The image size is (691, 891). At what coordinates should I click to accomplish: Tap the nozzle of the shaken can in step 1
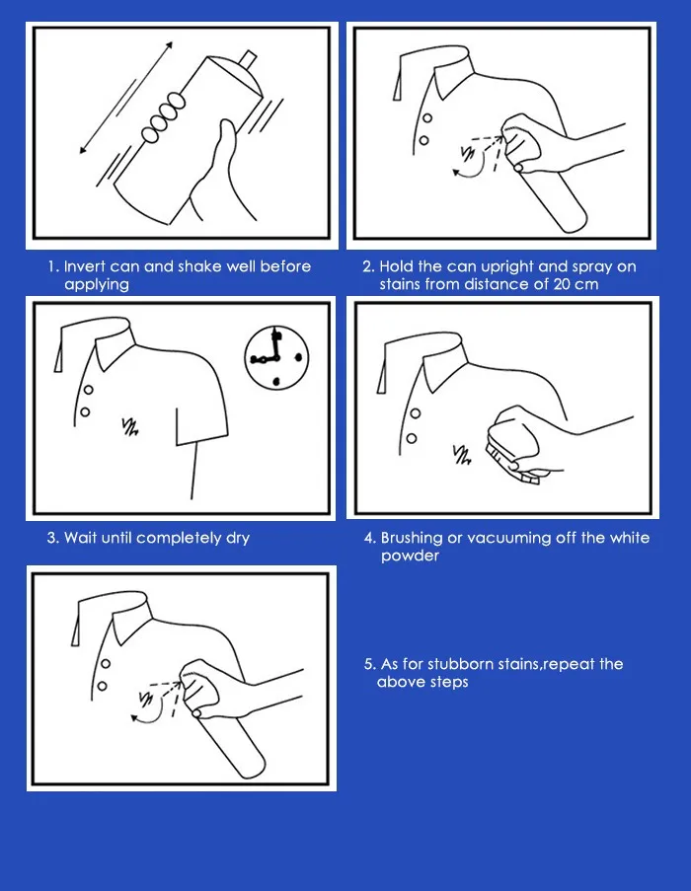(x=249, y=59)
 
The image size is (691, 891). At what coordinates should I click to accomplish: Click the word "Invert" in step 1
(x=85, y=266)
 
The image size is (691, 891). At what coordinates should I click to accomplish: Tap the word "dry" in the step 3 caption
(x=238, y=539)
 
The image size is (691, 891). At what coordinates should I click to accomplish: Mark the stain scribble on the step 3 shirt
(x=130, y=426)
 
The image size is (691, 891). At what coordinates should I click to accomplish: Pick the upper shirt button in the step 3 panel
(x=89, y=390)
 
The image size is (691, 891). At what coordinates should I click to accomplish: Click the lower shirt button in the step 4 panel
(x=412, y=438)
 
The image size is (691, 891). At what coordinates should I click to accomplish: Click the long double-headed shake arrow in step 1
(x=126, y=98)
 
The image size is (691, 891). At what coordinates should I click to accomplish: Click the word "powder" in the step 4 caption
(x=410, y=557)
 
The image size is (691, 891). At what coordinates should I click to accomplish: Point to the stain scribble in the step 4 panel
(x=461, y=455)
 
